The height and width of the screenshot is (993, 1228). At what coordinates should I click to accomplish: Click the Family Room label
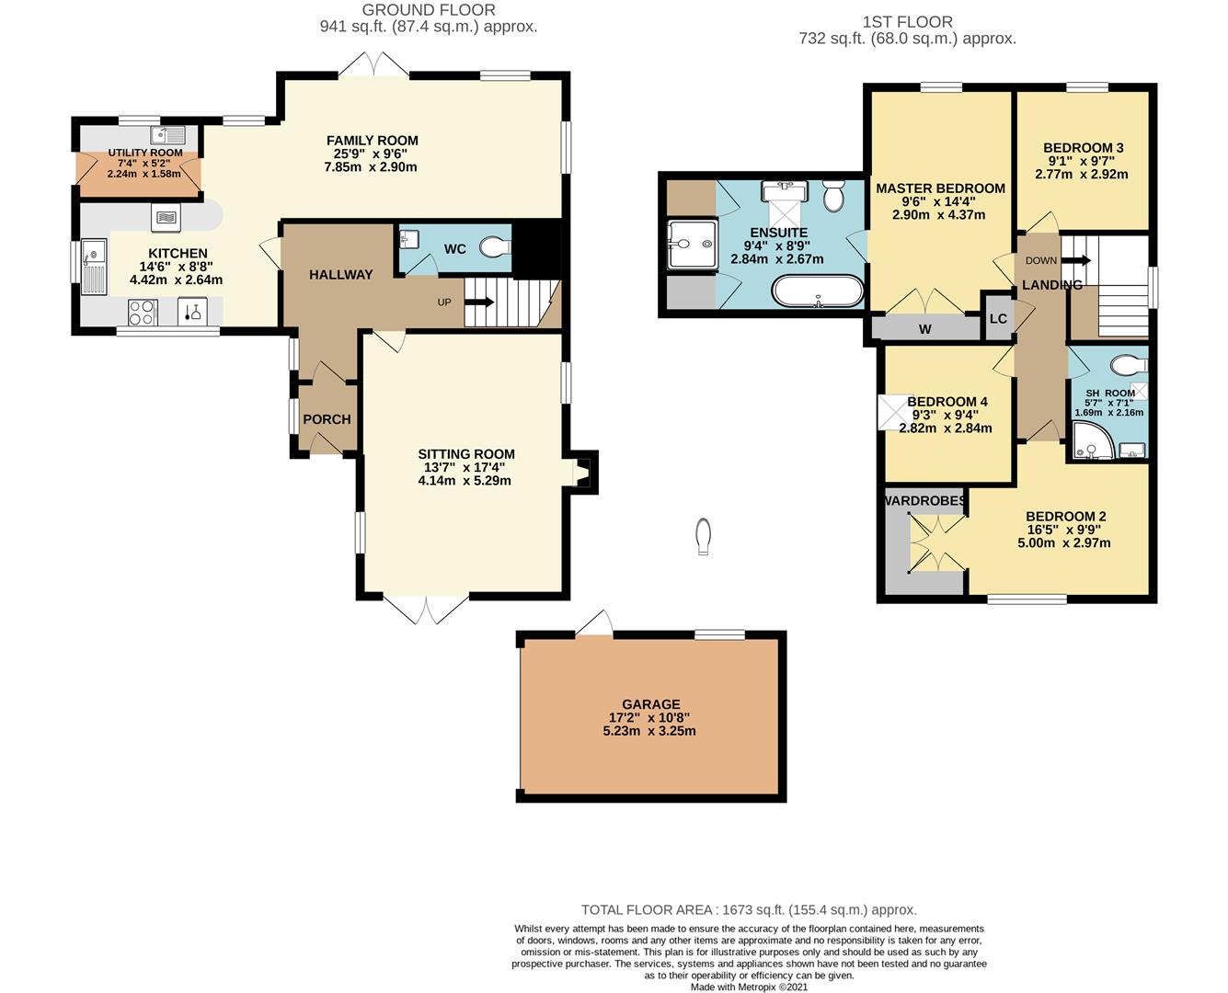[372, 141]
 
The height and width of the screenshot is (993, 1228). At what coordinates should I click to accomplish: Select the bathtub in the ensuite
[817, 291]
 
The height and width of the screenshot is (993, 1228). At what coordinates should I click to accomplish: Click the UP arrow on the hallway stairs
[478, 302]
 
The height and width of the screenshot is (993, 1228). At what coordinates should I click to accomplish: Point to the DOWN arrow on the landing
[1076, 260]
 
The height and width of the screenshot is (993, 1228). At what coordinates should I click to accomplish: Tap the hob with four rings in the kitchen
[142, 313]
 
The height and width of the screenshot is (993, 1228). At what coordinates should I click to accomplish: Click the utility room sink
[167, 135]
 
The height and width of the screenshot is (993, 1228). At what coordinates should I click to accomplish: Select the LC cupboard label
[998, 319]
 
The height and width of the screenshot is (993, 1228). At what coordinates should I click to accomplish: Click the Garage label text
[651, 704]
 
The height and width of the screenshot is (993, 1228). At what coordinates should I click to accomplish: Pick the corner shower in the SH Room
[1092, 441]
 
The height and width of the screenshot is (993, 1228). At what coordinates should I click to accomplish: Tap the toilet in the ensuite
[833, 195]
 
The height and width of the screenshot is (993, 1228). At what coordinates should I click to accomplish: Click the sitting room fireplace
[582, 472]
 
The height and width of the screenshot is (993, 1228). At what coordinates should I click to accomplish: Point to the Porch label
[327, 419]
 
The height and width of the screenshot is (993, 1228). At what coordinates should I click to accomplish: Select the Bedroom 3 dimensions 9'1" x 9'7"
[1081, 162]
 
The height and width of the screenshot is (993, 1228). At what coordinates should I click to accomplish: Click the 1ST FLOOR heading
[908, 22]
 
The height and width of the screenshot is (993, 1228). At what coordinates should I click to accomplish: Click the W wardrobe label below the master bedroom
[924, 329]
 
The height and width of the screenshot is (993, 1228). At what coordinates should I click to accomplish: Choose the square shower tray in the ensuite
[693, 244]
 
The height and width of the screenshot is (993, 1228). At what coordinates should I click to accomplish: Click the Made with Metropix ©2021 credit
[749, 986]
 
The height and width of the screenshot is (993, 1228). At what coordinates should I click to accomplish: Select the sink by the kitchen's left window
[94, 267]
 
